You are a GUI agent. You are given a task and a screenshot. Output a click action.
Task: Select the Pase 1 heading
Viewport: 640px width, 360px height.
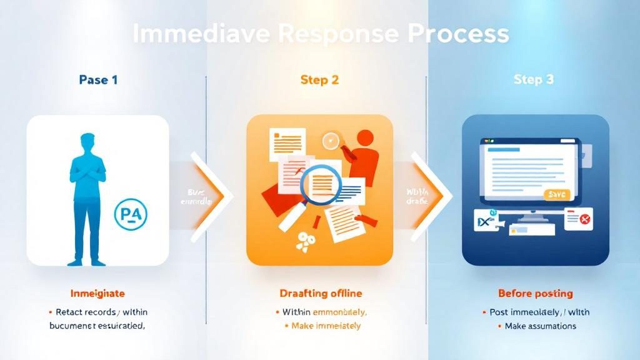[98, 80]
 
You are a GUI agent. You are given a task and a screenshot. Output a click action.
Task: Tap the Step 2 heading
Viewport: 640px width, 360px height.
[319, 80]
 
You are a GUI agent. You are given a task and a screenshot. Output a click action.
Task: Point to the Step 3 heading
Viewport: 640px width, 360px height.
[533, 80]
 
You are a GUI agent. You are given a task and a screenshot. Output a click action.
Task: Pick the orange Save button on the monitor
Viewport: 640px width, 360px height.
[556, 194]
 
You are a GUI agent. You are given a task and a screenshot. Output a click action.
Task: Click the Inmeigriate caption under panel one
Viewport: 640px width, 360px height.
[97, 293]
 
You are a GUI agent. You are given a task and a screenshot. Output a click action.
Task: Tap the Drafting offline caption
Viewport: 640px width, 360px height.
[319, 293]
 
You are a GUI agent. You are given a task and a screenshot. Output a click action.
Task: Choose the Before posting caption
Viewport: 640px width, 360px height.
[535, 293]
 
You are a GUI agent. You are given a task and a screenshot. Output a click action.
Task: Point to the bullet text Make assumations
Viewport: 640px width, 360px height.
[540, 326]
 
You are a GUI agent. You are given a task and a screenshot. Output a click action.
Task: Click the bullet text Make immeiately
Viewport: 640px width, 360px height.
[326, 326]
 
